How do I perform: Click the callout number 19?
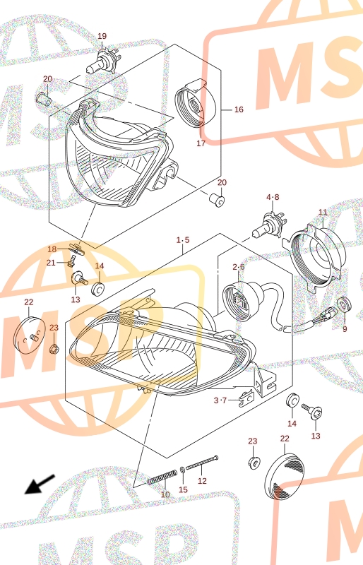click(x=102, y=36)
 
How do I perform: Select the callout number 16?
click(x=239, y=109)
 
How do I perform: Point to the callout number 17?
click(x=201, y=143)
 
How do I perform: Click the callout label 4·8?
click(x=273, y=197)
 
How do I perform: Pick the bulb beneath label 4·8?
click(x=268, y=225)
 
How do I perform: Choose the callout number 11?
click(x=323, y=213)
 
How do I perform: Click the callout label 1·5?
click(x=183, y=240)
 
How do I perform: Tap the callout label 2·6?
click(x=239, y=267)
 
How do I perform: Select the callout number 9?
click(x=345, y=329)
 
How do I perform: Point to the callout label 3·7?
click(x=220, y=400)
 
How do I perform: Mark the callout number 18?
click(x=52, y=249)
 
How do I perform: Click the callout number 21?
click(x=51, y=263)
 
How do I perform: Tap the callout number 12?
click(x=202, y=481)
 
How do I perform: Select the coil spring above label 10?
click(x=162, y=477)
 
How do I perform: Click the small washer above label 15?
click(x=183, y=469)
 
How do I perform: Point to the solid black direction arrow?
click(x=40, y=484)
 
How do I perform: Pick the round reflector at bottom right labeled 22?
click(x=284, y=476)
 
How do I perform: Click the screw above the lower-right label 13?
click(x=312, y=412)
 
